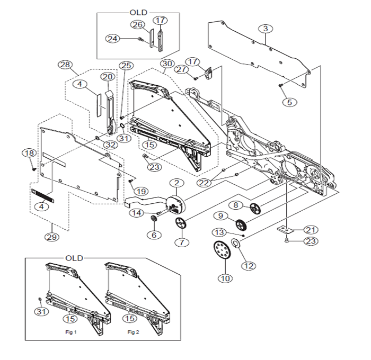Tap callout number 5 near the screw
(x=289, y=102)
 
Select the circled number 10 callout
(x=226, y=277)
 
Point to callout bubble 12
(x=248, y=265)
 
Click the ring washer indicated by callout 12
(x=236, y=244)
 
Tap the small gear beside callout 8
(x=255, y=208)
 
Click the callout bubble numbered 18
(x=28, y=153)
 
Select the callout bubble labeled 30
(x=167, y=63)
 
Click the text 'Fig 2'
(x=132, y=331)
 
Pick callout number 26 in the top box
(x=137, y=25)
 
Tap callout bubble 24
(x=112, y=39)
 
